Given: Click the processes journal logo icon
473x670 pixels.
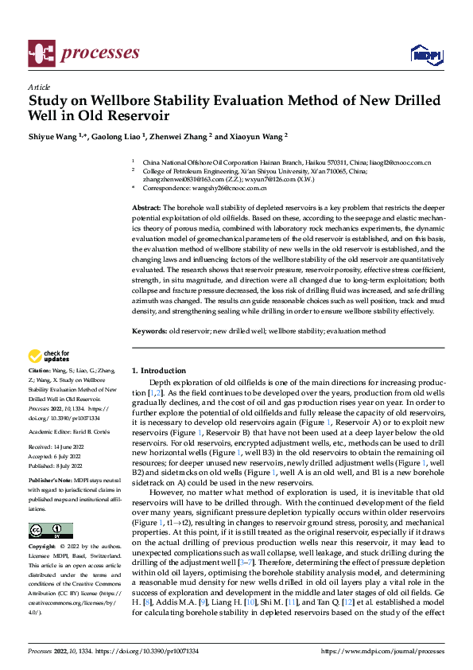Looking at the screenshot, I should (x=41, y=52).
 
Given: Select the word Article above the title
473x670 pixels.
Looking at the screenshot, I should (x=38, y=87).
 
